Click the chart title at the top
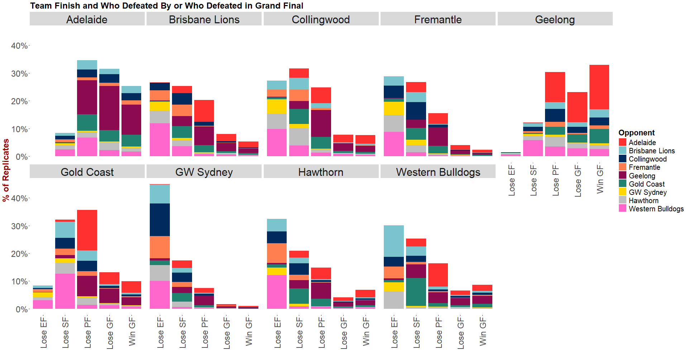pos(167,6)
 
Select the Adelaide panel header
pos(87,19)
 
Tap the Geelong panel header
pos(555,19)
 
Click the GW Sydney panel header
pos(204,172)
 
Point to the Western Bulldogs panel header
pos(438,172)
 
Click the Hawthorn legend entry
pos(643,201)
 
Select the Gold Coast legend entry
pos(646,184)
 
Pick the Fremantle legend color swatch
pos(622,167)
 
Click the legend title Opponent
pos(636,133)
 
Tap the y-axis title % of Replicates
pos(6,170)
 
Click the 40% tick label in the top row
pos(19,46)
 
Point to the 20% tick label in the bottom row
pos(19,254)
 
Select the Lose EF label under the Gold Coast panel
pos(43,332)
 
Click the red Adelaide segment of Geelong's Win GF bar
pos(599,87)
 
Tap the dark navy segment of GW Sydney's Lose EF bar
pos(160,220)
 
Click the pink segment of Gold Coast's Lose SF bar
pos(65,291)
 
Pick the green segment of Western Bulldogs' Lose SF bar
pos(416,292)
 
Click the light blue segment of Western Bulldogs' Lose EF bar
pos(393,241)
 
